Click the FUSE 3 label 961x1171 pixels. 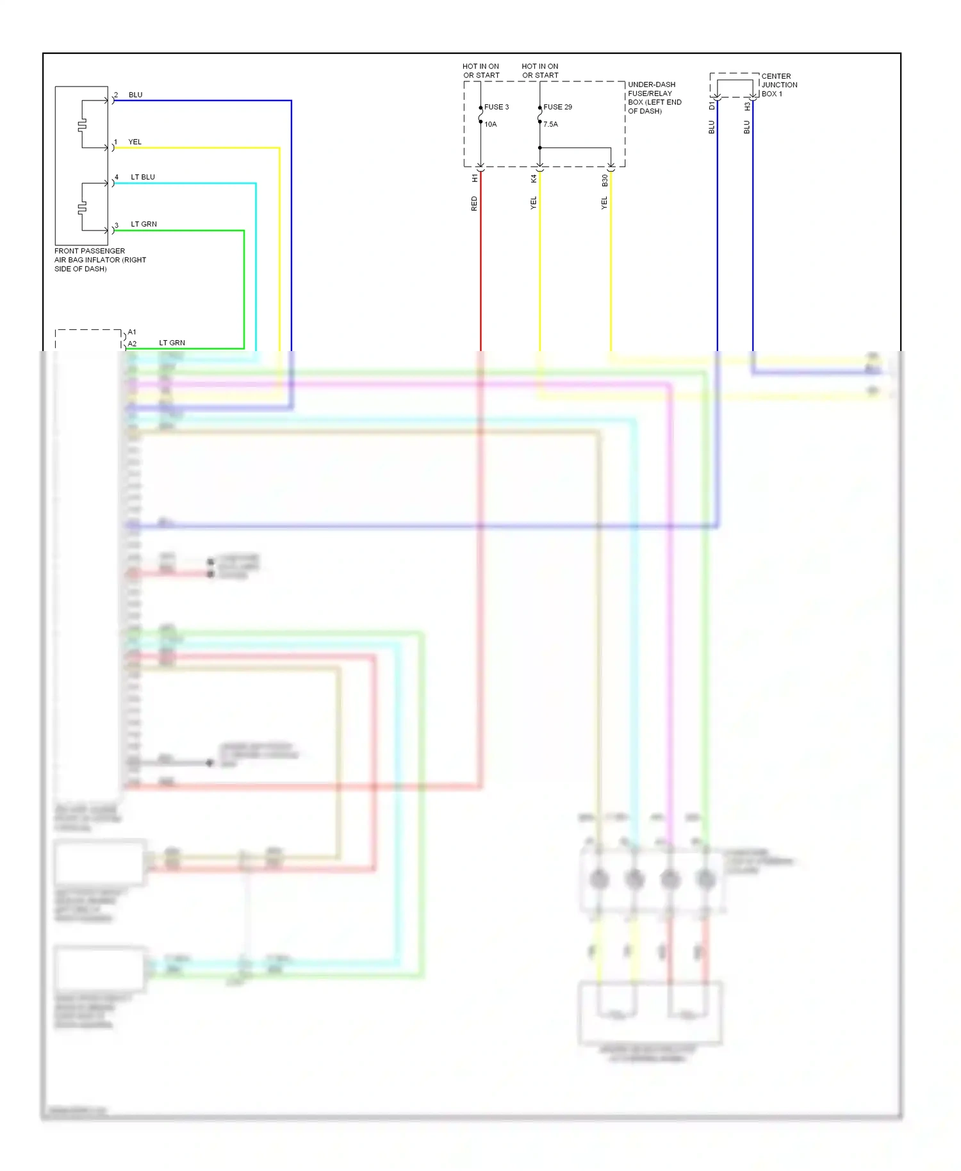coord(496,107)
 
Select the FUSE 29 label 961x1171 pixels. coord(557,107)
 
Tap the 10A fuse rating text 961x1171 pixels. coord(490,124)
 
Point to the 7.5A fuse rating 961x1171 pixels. coord(550,124)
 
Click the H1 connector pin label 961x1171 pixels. coord(475,178)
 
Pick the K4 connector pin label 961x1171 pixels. coord(534,179)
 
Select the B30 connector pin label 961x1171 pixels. coord(604,181)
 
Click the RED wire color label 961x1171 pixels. coord(474,204)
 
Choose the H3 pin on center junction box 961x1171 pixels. coord(747,106)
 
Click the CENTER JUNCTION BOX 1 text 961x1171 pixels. coord(778,85)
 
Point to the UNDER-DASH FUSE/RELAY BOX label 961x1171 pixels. coord(654,97)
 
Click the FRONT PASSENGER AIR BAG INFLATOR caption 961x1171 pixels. coord(99,259)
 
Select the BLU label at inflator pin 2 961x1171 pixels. coord(135,95)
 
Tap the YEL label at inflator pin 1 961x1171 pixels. coord(135,142)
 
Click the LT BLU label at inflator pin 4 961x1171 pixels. coord(142,177)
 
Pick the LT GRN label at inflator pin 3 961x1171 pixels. coord(144,224)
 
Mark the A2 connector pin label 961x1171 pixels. coord(132,344)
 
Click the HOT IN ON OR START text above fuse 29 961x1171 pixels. coord(539,70)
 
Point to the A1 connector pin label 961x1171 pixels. coord(132,332)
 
